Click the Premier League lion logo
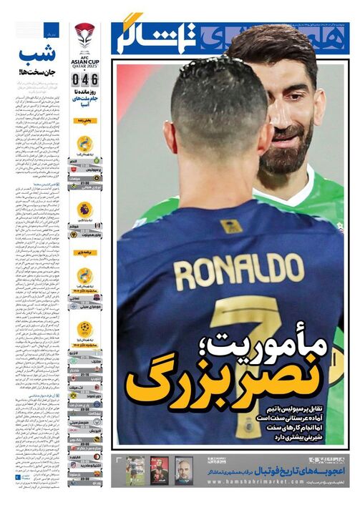point(84,210)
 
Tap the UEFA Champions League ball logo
point(84,329)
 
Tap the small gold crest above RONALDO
point(231,227)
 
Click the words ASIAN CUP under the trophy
point(84,59)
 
